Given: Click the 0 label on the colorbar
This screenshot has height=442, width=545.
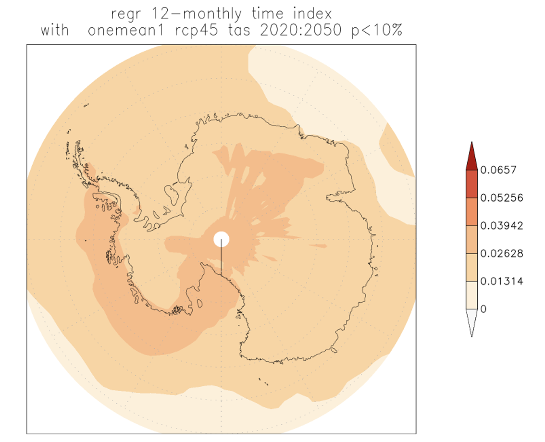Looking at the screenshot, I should (483, 309).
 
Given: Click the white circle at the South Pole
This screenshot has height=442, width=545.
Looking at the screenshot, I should (222, 239).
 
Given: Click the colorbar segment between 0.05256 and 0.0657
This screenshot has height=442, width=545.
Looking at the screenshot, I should (471, 184).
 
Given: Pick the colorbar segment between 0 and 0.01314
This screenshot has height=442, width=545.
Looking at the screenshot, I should (471, 295).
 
